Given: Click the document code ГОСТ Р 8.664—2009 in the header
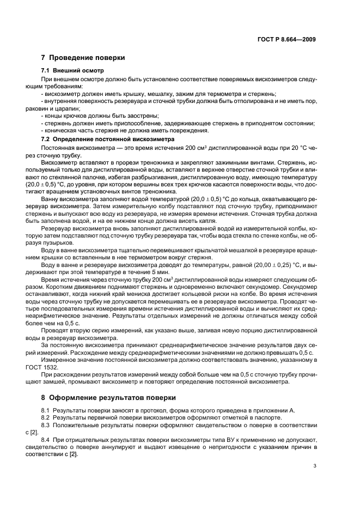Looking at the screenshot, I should (x=287, y=39).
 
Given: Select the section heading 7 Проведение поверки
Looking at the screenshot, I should (x=83, y=58).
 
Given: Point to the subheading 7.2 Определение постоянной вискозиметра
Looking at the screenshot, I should (x=107, y=139).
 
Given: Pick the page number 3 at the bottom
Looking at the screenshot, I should (x=315, y=466).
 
